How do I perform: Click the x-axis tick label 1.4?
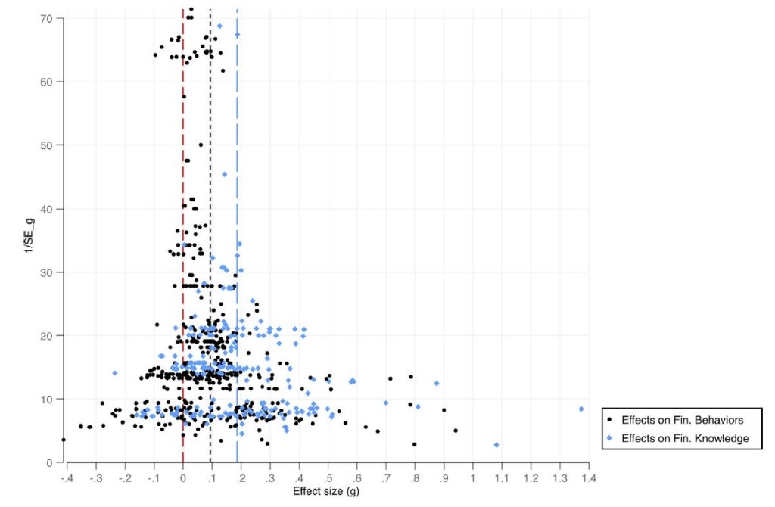pos(588,478)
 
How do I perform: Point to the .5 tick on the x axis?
pos(328,478)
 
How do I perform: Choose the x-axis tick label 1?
pos(473,478)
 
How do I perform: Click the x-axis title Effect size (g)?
pos(327,492)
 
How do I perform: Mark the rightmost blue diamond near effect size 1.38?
pos(581,409)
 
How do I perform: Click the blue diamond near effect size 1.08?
pos(496,445)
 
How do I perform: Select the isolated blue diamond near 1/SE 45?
pos(224,175)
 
